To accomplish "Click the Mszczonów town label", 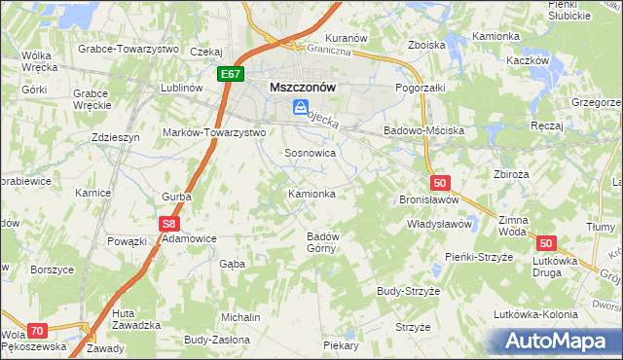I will tap(302, 87).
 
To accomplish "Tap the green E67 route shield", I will tap(231, 73).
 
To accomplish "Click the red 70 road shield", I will tap(37, 331).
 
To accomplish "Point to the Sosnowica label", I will tap(310, 154).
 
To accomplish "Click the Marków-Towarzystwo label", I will tap(214, 131).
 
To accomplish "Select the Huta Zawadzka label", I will tap(136, 319).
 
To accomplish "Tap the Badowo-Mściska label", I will tap(423, 130).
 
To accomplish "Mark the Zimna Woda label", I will tap(512, 227).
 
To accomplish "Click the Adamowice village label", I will tap(189, 237).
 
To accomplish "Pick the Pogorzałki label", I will tap(420, 88).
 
